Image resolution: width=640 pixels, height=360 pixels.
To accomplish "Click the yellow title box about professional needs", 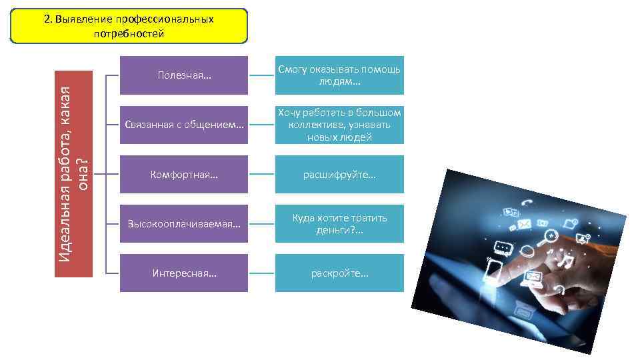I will click(129, 26).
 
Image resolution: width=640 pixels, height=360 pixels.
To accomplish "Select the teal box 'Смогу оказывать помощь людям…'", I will click(339, 75).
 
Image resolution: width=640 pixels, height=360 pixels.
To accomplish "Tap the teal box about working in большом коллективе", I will click(339, 125).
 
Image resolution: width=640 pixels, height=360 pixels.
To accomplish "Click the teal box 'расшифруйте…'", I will click(339, 175).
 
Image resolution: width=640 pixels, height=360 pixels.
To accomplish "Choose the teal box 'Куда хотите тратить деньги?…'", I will click(339, 224).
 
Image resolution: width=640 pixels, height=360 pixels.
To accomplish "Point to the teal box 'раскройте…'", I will click(339, 273).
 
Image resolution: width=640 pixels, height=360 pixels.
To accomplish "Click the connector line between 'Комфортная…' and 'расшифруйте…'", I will click(261, 175).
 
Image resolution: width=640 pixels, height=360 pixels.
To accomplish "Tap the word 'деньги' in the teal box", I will click(332, 231).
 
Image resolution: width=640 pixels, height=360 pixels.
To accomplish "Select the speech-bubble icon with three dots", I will click(503, 247).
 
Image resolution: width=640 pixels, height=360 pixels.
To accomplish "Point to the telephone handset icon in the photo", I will click(527, 203).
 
